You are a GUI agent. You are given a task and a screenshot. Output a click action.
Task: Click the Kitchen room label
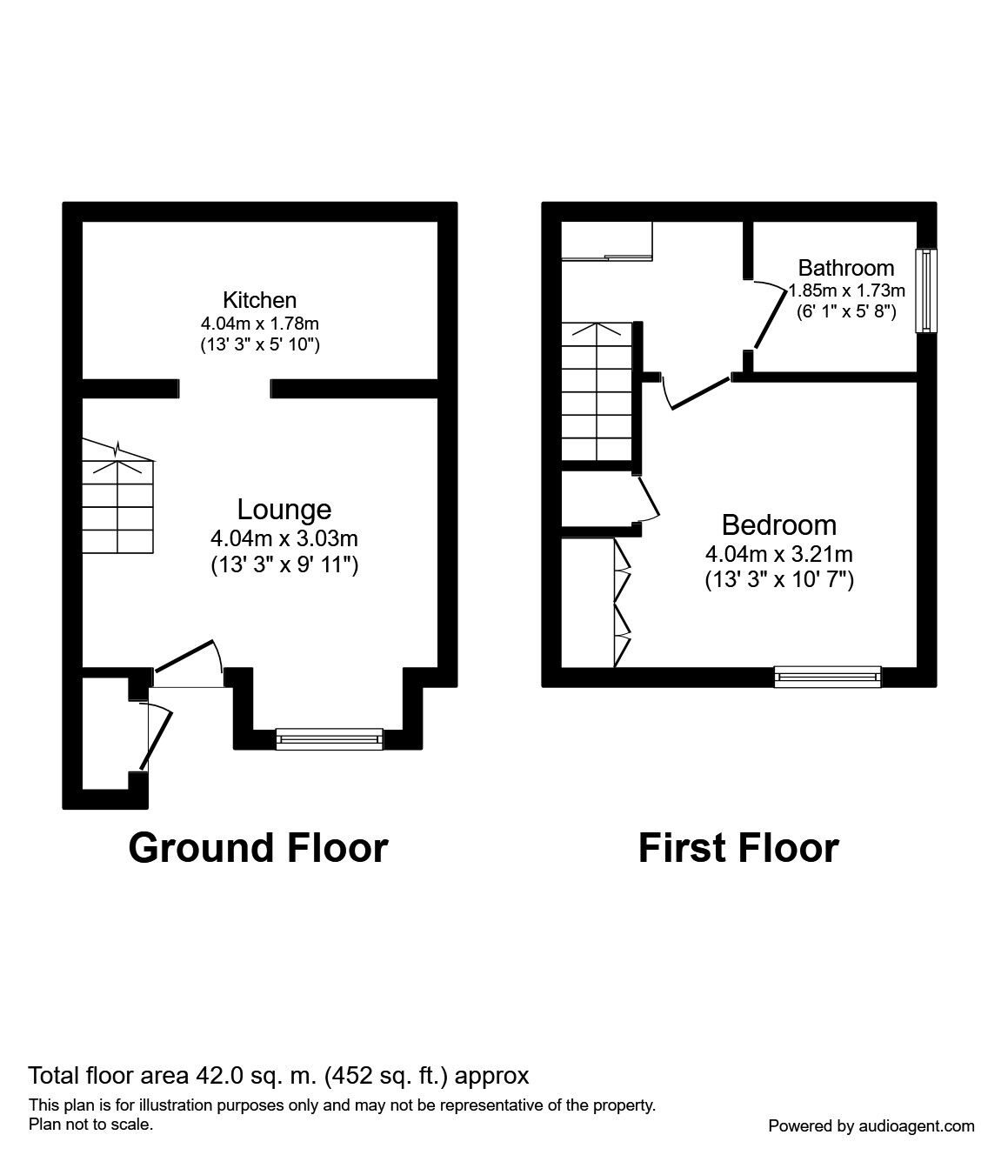click(x=259, y=301)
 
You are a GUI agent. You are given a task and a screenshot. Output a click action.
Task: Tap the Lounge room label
click(x=284, y=510)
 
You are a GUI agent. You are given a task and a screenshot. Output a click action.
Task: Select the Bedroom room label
click(x=779, y=525)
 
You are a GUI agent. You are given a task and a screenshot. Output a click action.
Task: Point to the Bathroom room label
click(x=845, y=268)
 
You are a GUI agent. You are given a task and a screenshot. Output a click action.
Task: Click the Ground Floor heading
click(x=257, y=848)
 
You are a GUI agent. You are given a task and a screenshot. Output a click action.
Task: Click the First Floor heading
click(x=738, y=848)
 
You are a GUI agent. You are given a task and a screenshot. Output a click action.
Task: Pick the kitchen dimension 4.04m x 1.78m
click(x=259, y=324)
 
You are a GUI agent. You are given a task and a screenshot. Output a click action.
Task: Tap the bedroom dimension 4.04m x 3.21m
click(x=779, y=554)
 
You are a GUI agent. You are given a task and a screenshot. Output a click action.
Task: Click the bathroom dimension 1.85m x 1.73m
click(x=847, y=290)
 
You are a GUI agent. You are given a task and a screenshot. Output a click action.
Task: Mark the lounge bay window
click(x=329, y=738)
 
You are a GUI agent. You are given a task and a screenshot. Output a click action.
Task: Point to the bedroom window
click(x=827, y=677)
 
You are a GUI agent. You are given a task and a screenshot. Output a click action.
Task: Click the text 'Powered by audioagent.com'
click(x=871, y=1126)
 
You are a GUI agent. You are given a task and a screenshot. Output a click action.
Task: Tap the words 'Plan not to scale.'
click(x=91, y=1125)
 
